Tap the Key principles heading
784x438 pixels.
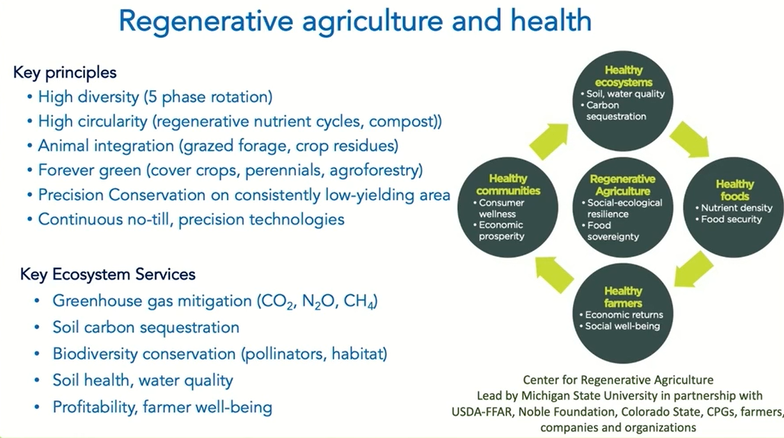click(x=64, y=73)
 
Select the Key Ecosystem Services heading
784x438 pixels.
click(x=108, y=274)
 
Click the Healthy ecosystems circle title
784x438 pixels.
click(x=624, y=76)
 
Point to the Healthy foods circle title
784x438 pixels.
click(x=735, y=190)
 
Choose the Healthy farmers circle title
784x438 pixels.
click(x=623, y=297)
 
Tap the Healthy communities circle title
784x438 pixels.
click(x=508, y=184)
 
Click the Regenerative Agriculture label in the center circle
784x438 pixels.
click(x=622, y=185)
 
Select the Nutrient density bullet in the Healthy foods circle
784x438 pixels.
click(x=734, y=208)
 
